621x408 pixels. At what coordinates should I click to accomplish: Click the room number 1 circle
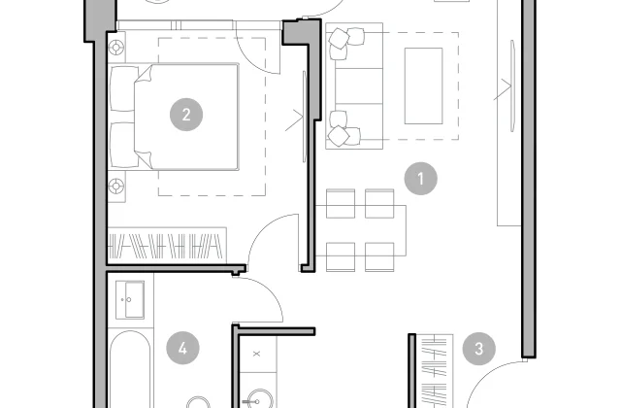click(x=420, y=179)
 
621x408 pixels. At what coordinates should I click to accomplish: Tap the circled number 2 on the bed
click(x=186, y=115)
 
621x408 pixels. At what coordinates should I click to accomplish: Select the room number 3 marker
click(x=478, y=349)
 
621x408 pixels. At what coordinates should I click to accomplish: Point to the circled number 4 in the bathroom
click(x=182, y=348)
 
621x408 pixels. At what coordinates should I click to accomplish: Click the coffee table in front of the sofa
click(x=423, y=86)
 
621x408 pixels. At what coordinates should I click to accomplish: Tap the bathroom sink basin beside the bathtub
click(x=130, y=299)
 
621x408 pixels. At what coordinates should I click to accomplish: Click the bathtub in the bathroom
click(x=130, y=369)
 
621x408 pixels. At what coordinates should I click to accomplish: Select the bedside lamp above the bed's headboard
click(x=116, y=48)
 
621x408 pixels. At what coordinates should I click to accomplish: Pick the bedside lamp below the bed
click(x=116, y=186)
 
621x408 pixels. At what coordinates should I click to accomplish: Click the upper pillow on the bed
click(x=123, y=88)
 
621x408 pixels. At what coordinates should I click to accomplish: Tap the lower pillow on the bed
click(x=123, y=145)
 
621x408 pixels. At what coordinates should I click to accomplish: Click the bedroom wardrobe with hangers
click(x=167, y=245)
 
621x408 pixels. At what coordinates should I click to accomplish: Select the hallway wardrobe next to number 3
click(x=434, y=371)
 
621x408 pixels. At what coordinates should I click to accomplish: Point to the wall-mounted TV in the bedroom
click(x=304, y=117)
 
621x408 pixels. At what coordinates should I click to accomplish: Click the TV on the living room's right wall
click(x=512, y=86)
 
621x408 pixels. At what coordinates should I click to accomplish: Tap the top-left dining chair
click(x=341, y=203)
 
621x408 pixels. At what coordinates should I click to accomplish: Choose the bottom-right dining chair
click(x=379, y=256)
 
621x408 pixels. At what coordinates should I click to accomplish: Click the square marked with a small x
click(x=256, y=354)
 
